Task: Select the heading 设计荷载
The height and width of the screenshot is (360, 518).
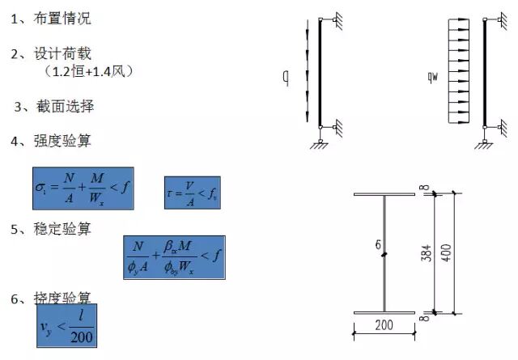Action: [x=62, y=54]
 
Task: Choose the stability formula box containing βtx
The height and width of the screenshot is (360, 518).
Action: [x=174, y=257]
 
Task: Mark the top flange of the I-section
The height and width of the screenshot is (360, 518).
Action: [x=384, y=194]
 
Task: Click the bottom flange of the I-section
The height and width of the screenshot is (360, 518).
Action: [x=384, y=312]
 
